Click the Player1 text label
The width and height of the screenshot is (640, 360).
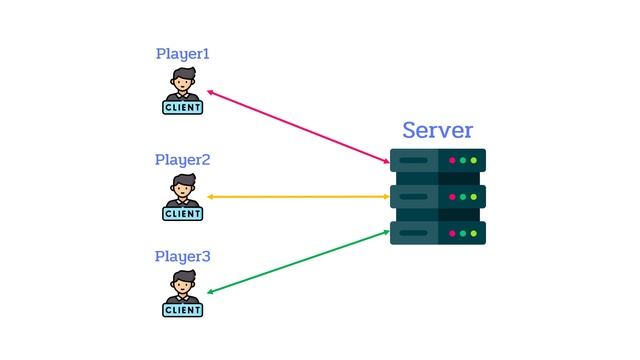coord(183,54)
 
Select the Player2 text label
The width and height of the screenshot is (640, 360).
coord(183,160)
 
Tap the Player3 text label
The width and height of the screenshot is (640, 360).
coord(183,257)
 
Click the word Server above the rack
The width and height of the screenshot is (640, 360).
coord(437,130)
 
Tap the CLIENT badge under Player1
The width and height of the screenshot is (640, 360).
coord(183,107)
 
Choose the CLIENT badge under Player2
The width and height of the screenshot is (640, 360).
coord(183,213)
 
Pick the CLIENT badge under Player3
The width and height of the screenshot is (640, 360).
coord(183,310)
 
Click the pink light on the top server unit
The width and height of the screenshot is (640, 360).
coord(452,160)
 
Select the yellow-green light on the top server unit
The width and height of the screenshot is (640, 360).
coord(473,160)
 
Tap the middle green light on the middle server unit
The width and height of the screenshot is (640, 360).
coord(463,197)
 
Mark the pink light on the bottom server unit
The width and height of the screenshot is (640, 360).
coord(452,233)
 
